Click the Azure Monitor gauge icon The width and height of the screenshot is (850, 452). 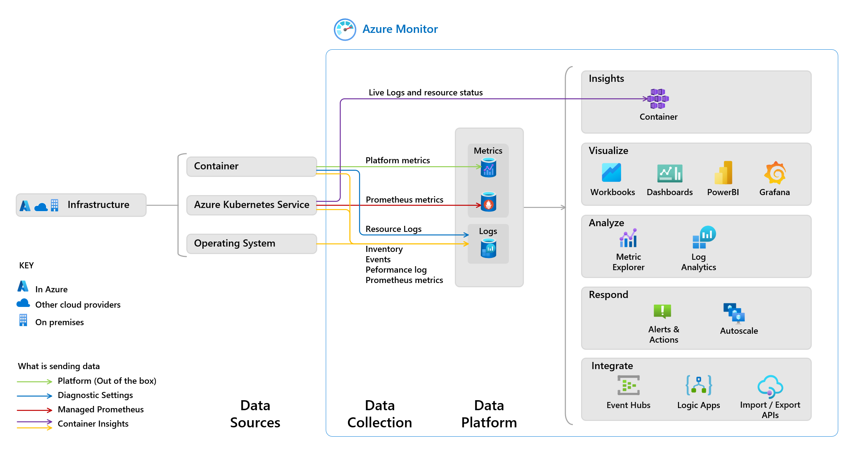(x=345, y=29)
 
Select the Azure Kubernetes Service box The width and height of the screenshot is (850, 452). (x=251, y=205)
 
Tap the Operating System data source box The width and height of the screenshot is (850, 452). (x=251, y=243)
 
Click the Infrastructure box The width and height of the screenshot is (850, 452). (x=81, y=205)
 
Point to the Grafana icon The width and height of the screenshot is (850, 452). (x=775, y=173)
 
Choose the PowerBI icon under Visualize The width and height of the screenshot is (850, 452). (x=723, y=173)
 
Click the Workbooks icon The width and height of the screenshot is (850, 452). (x=611, y=173)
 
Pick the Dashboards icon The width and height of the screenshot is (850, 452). (x=669, y=173)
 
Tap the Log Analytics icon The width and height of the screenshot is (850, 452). (x=704, y=237)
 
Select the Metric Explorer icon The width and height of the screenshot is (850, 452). (x=628, y=238)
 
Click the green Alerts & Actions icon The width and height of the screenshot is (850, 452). (x=662, y=311)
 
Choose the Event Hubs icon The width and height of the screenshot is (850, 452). (x=628, y=385)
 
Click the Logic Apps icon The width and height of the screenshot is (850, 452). (x=699, y=385)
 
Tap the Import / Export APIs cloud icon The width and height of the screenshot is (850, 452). (x=770, y=386)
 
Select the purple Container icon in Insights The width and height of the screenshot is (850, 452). (x=658, y=99)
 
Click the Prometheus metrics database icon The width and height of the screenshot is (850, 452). (x=488, y=202)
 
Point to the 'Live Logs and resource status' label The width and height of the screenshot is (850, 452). (x=426, y=93)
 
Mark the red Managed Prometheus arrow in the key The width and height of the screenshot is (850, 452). (x=34, y=410)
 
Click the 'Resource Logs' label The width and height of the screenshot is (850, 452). (x=393, y=229)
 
